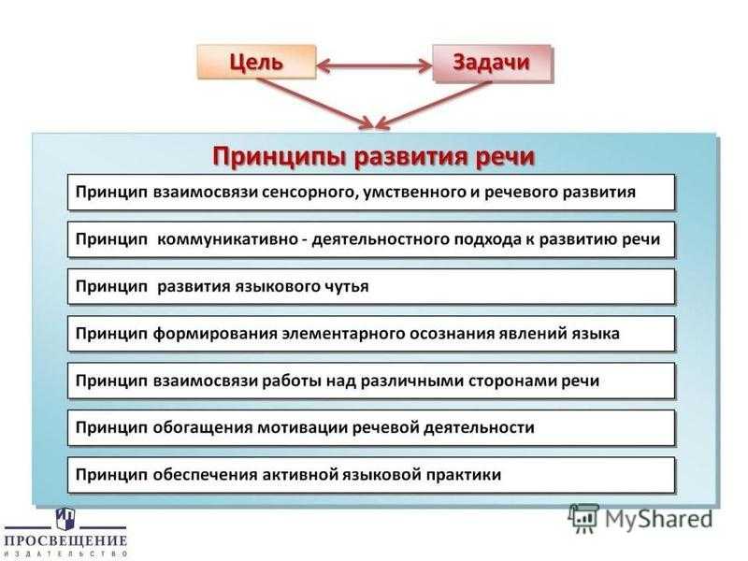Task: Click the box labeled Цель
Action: [x=256, y=62]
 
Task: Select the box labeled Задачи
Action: [x=492, y=63]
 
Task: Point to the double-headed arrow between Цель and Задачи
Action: [x=375, y=65]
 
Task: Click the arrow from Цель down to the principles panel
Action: [x=316, y=104]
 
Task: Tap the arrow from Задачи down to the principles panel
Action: [x=433, y=105]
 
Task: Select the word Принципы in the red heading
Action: [x=279, y=157]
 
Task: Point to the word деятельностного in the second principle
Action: [x=380, y=239]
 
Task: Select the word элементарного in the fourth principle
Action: [x=341, y=334]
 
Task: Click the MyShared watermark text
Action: [x=658, y=519]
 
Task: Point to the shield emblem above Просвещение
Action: [x=65, y=519]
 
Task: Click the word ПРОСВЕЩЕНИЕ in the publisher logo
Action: [x=65, y=541]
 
